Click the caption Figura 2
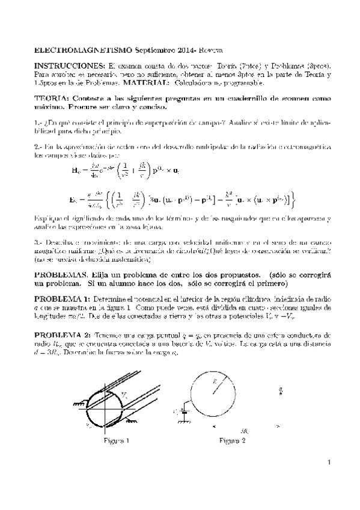pos(232,440)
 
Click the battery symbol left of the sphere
pos(182,413)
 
